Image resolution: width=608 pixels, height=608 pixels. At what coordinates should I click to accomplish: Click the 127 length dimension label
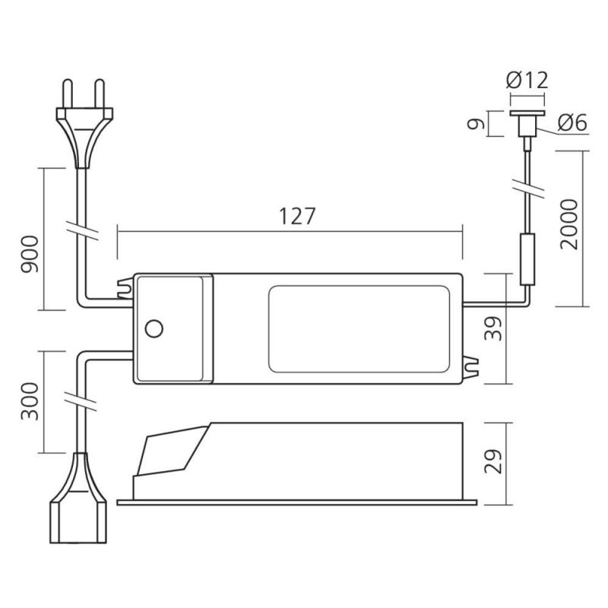(297, 216)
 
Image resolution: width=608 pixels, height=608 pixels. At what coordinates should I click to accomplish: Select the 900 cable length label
(30, 255)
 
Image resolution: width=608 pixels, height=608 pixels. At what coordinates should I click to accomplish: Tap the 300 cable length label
(30, 401)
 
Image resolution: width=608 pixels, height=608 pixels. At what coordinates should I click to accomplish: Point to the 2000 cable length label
(569, 223)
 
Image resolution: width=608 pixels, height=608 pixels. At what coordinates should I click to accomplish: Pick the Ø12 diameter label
(527, 81)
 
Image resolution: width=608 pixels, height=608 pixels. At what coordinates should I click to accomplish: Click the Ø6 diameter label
(572, 122)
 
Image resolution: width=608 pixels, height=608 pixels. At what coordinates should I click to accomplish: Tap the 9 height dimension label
(477, 124)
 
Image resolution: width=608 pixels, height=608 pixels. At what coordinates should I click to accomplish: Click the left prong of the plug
(68, 93)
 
